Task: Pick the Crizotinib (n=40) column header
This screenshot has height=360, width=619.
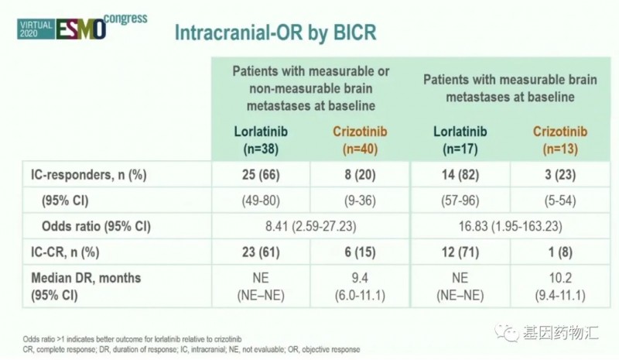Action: click(356, 137)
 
